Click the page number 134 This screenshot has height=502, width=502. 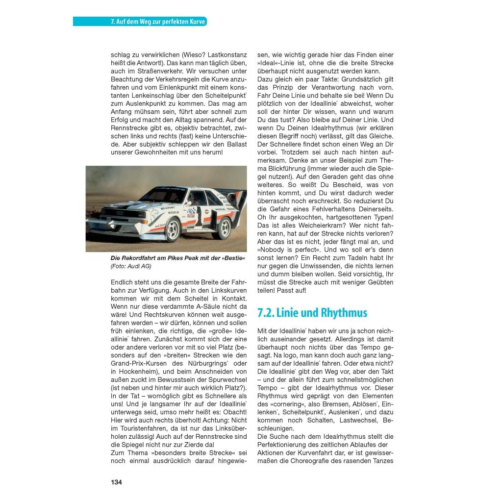point(116,482)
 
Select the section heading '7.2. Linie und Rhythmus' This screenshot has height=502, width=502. point(312,313)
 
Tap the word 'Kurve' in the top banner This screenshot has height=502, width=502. point(195,22)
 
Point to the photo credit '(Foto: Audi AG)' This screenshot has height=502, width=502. point(131,266)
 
